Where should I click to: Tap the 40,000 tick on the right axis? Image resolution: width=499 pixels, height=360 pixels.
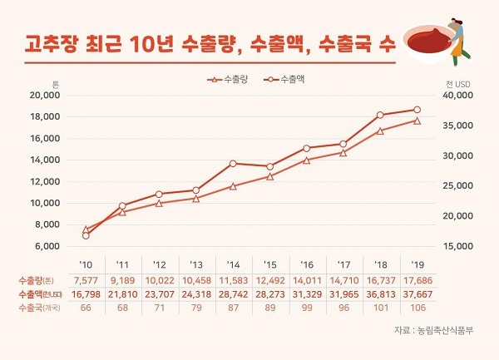455,96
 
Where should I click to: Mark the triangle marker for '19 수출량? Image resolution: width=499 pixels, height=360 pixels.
417,121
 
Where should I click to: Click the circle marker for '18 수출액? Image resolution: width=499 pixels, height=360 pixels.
380,115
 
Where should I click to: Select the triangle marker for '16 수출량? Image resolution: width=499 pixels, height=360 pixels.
306,159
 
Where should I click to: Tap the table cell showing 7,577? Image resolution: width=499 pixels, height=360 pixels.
86,280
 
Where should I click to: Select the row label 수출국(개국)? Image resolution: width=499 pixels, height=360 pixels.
34,308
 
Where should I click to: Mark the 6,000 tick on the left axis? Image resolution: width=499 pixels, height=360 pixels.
47,246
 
